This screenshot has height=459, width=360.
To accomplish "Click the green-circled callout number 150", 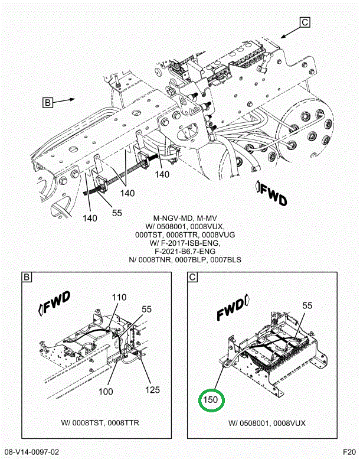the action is [x=211, y=399].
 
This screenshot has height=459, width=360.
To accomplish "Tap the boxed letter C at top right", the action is [x=305, y=22].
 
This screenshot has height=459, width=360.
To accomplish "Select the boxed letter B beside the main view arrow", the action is [x=48, y=102].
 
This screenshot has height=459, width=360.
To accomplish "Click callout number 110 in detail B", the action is [x=119, y=297].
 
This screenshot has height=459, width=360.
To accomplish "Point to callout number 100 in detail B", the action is [x=106, y=392].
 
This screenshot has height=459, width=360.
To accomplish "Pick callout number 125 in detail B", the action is [x=152, y=390].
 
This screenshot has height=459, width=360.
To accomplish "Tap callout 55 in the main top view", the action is [x=117, y=213].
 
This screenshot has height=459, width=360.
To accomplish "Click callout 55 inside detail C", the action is [x=307, y=305].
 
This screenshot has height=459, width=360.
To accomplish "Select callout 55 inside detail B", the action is [x=147, y=309].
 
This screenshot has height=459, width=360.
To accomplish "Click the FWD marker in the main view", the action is [x=271, y=193].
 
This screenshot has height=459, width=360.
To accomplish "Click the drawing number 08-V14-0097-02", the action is [x=32, y=453].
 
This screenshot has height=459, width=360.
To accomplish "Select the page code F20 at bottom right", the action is [x=349, y=451].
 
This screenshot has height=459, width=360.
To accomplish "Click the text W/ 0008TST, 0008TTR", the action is [x=100, y=423].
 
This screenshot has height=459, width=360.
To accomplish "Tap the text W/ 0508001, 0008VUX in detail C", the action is [x=267, y=423].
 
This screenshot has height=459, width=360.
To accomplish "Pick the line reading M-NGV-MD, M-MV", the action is [x=185, y=219].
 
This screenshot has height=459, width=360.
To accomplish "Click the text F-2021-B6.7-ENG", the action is [x=185, y=251].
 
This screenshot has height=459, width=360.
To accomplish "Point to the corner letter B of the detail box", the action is [x=27, y=277].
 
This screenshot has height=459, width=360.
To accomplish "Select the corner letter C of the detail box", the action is [x=192, y=277].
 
